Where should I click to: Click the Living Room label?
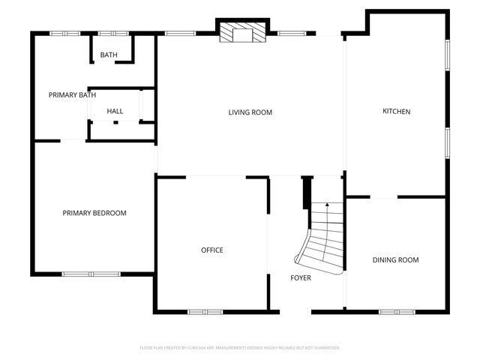[250, 112]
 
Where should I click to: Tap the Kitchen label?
[397, 112]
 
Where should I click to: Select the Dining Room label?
[395, 260]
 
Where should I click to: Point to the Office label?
[211, 250]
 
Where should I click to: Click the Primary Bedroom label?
[94, 213]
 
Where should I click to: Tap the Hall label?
[115, 112]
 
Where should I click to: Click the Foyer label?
[301, 278]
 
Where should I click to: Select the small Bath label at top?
[109, 55]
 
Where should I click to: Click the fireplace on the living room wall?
[242, 32]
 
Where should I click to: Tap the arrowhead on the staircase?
[327, 204]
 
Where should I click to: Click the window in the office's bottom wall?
[205, 311]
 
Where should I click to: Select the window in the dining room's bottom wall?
[397, 311]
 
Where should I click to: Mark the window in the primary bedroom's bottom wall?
[91, 274]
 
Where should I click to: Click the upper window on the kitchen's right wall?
[448, 55]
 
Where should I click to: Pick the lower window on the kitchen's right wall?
[448, 143]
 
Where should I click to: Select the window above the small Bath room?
[113, 33]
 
